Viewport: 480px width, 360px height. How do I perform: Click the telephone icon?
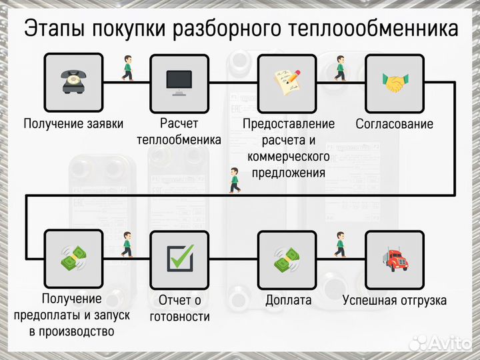pyautogui.click(x=73, y=83)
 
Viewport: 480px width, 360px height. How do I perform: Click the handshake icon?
pyautogui.click(x=395, y=83)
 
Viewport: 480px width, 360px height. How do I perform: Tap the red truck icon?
pyautogui.click(x=395, y=259)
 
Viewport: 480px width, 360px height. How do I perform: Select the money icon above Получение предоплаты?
pyautogui.click(x=73, y=259)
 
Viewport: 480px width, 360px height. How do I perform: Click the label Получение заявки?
pyautogui.click(x=73, y=124)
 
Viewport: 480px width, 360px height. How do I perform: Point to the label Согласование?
pyautogui.click(x=395, y=124)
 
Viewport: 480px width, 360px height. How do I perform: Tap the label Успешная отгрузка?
pyautogui.click(x=395, y=301)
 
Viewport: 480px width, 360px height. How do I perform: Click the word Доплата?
pyautogui.click(x=288, y=301)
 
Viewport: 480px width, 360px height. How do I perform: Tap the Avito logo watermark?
pyautogui.click(x=439, y=342)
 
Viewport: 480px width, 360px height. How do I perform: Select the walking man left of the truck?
pyautogui.click(x=341, y=245)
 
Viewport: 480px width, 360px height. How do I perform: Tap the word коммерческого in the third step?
pyautogui.click(x=288, y=157)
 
